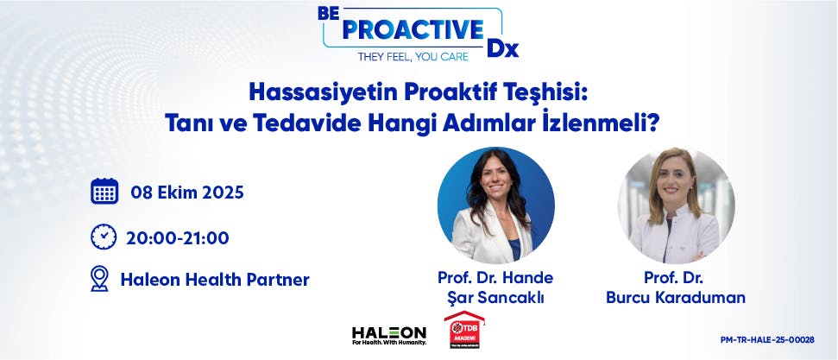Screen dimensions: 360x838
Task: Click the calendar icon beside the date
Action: [x=104, y=192]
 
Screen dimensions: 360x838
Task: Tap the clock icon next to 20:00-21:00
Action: [x=104, y=237]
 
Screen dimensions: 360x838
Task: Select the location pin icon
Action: [x=100, y=279]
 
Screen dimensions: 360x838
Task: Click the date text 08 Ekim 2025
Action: [x=187, y=193]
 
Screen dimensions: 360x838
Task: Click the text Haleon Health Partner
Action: [x=215, y=280]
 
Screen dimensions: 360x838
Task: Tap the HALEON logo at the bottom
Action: [x=389, y=334]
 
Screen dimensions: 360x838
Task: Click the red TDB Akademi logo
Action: [x=463, y=330]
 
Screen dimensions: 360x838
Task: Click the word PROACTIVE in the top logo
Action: [x=413, y=28]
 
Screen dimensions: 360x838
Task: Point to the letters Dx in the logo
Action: [x=502, y=48]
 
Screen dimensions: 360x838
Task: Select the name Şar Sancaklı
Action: [x=495, y=298]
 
